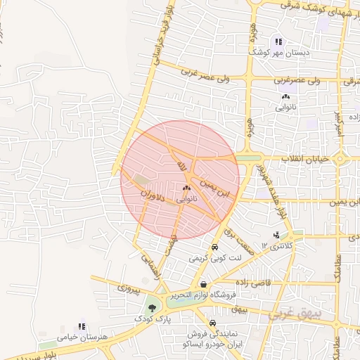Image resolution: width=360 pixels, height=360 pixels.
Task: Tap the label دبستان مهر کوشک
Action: tap(279, 53)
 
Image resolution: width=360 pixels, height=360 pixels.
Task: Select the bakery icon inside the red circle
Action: tap(186, 188)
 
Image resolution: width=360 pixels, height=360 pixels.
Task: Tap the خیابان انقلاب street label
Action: tap(304, 159)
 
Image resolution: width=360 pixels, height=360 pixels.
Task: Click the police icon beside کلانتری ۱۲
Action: tap(276, 235)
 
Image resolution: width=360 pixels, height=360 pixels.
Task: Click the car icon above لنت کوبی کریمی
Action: tap(214, 247)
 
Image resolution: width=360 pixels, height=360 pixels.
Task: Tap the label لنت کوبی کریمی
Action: tap(214, 258)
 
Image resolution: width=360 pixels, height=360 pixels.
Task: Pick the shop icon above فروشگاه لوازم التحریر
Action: tap(203, 284)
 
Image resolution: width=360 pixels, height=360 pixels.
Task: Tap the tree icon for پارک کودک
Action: tap(151, 307)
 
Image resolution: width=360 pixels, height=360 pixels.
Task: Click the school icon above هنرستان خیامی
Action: tap(82, 327)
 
